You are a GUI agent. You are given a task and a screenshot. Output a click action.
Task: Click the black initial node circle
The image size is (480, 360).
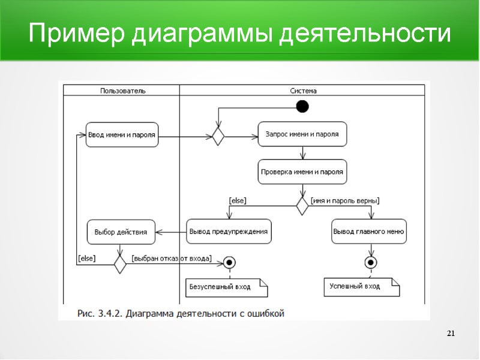tap(302, 107)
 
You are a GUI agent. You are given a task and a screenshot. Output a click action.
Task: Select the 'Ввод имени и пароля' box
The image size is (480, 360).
tap(122, 135)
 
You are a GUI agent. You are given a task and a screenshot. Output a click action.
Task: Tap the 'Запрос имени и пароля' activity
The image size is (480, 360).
tap(302, 134)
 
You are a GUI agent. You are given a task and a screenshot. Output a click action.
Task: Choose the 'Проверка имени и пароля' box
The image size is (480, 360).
tap(302, 172)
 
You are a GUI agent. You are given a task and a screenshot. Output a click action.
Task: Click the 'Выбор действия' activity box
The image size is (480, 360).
tap(121, 232)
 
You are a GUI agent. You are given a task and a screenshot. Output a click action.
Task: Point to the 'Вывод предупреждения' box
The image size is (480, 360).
tap(228, 232)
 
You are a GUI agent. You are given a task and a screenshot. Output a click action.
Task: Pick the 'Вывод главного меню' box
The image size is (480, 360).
tap(369, 232)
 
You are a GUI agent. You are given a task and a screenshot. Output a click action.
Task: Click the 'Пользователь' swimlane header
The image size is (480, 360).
tap(122, 91)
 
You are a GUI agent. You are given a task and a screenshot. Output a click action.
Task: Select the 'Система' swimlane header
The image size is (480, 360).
tap(303, 91)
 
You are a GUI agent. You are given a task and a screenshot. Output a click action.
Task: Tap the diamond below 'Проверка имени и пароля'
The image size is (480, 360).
tap(302, 205)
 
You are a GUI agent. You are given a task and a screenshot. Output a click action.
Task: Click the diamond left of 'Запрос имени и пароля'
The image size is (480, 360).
tap(218, 136)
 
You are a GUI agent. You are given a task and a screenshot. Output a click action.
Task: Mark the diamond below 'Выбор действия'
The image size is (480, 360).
tap(120, 263)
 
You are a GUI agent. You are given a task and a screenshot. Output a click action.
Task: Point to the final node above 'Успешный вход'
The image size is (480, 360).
tap(371, 263)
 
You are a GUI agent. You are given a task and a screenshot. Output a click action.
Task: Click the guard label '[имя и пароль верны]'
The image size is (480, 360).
tap(345, 200)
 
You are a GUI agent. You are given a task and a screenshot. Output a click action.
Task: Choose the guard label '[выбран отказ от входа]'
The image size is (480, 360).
tap(172, 259)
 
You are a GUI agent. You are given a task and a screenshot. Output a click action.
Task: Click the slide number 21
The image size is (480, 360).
tap(452, 334)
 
